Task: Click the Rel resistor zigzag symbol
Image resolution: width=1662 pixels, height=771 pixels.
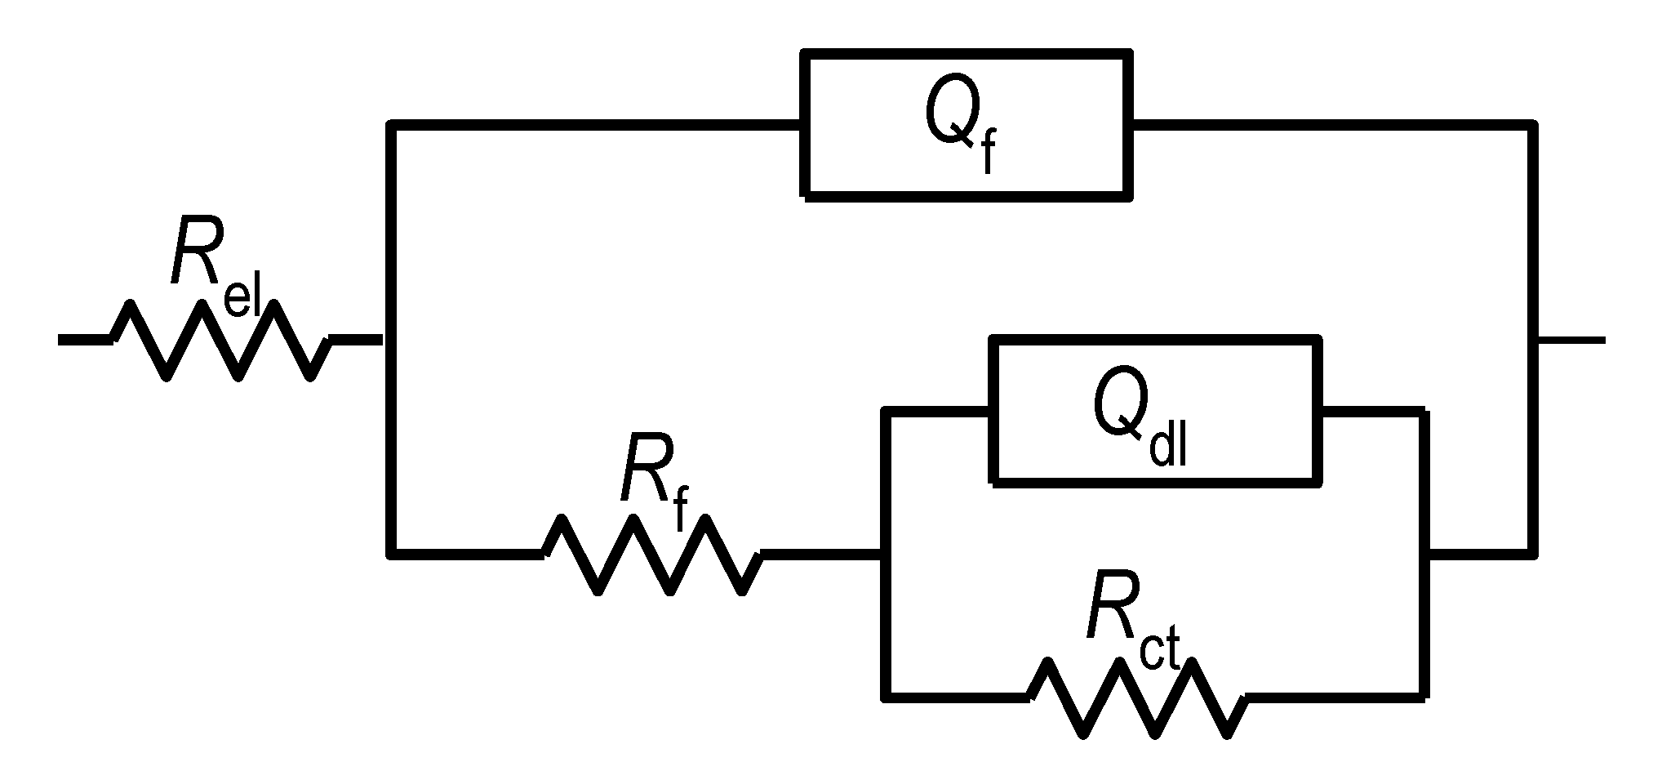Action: pos(220,340)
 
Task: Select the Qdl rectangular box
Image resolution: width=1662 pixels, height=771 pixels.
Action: pos(1155,411)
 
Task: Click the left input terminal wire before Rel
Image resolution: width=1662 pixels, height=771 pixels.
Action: pos(84,340)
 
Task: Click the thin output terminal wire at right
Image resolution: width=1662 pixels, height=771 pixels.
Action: pos(1571,340)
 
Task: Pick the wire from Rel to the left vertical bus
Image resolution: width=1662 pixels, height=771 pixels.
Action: pos(356,340)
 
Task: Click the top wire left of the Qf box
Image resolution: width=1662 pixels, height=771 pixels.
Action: pos(596,125)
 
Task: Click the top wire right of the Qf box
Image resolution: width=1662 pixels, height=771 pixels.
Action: pos(1331,125)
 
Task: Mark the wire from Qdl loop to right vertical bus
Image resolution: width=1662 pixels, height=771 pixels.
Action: pos(1479,553)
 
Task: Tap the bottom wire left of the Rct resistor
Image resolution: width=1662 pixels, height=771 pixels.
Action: pos(955,697)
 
